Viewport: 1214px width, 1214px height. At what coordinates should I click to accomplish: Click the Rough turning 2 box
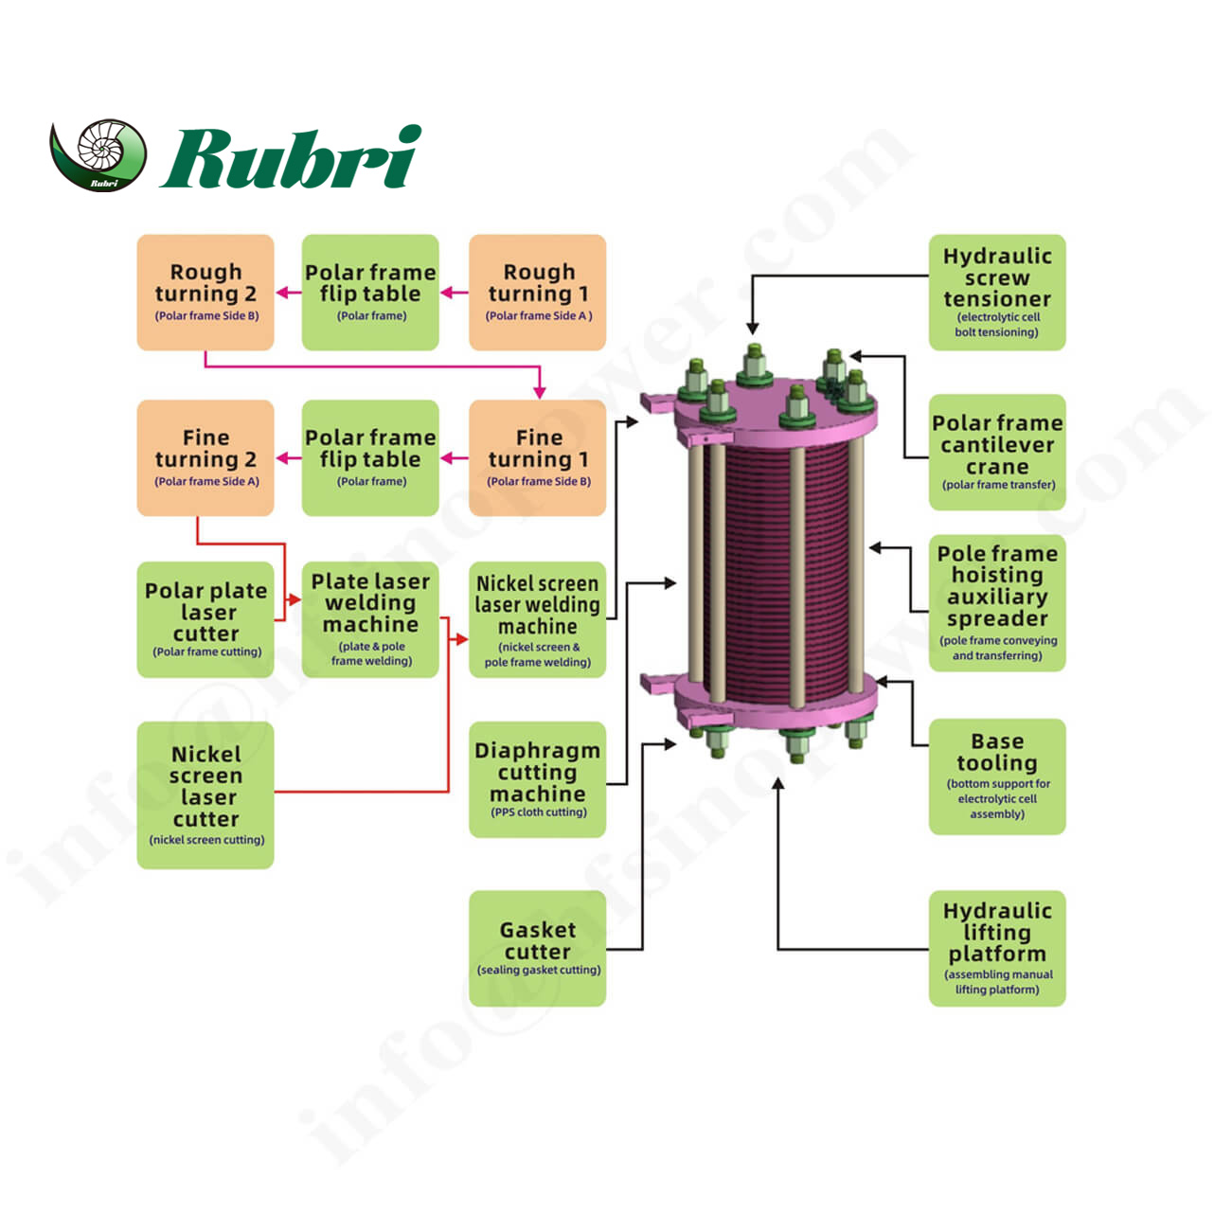[205, 293]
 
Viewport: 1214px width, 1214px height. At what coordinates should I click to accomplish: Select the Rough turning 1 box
[538, 293]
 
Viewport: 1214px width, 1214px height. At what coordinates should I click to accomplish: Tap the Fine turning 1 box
[538, 458]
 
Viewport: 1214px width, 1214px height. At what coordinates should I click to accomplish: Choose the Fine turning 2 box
[205, 458]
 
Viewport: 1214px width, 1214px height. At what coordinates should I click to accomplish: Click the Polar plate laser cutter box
[205, 619]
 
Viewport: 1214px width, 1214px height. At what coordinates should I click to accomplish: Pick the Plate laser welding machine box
[370, 619]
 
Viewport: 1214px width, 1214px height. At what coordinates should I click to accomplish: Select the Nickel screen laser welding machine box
[538, 619]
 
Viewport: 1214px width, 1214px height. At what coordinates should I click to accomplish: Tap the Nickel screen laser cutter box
[205, 795]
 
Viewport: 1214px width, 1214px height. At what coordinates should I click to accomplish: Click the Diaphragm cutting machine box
[538, 779]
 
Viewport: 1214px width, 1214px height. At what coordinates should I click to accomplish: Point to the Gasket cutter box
[538, 948]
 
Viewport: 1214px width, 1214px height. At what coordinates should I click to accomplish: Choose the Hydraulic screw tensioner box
[997, 293]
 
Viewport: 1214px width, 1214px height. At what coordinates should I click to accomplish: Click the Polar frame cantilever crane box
[997, 453]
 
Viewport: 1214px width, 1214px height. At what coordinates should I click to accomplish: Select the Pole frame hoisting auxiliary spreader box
[997, 603]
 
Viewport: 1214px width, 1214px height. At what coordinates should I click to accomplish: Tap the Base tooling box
[997, 777]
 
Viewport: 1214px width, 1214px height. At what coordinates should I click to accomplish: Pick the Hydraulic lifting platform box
[997, 948]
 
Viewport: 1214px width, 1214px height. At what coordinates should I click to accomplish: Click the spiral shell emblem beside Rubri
[98, 154]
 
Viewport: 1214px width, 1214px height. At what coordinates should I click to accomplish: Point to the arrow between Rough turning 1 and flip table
[455, 293]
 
